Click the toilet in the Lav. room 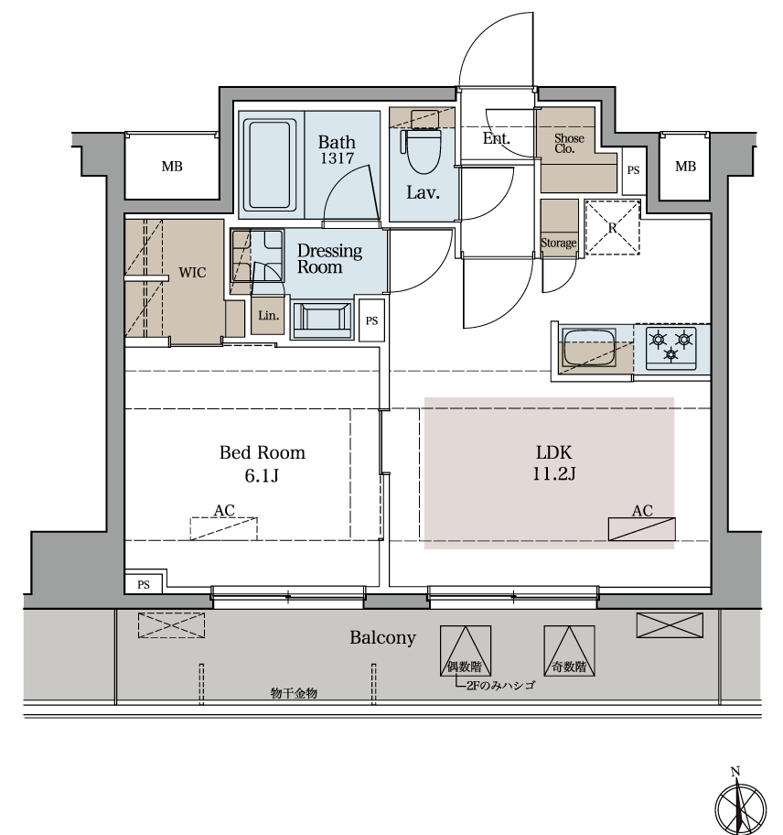424,143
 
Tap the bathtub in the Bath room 270,164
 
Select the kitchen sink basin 588,347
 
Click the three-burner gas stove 671,348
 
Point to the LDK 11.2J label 553,462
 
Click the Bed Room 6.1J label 263,463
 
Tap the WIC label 192,273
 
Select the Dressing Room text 329,259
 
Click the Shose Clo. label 569,143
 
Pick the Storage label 559,243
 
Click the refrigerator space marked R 612,227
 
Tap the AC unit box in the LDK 641,529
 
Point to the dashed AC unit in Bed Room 223,528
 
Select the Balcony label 382,638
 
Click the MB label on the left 172,167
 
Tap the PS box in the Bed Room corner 144,583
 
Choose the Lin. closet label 268,316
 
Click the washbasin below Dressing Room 322,320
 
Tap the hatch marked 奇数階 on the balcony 569,651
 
